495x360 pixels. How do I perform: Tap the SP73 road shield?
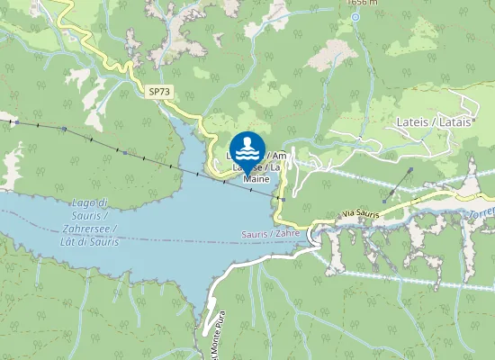click(x=160, y=92)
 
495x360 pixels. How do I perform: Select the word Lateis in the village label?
click(x=413, y=121)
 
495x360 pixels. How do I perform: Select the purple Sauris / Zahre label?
click(x=270, y=233)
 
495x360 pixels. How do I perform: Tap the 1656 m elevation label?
click(x=362, y=3)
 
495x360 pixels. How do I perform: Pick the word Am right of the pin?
click(x=291, y=156)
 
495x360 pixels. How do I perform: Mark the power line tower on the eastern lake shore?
click(x=282, y=199)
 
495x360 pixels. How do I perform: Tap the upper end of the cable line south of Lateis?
click(x=411, y=169)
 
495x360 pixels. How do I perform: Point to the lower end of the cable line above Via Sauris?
click(x=384, y=201)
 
